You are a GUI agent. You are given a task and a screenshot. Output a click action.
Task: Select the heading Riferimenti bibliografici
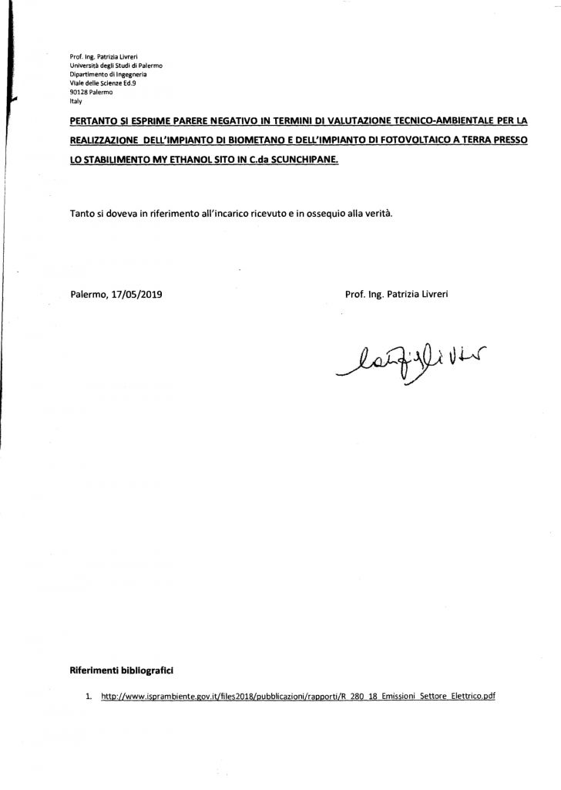tap(118, 670)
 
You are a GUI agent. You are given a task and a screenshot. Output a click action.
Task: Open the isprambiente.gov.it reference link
tap(297, 696)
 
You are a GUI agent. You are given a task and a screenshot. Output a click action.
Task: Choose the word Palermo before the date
tap(89, 294)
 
